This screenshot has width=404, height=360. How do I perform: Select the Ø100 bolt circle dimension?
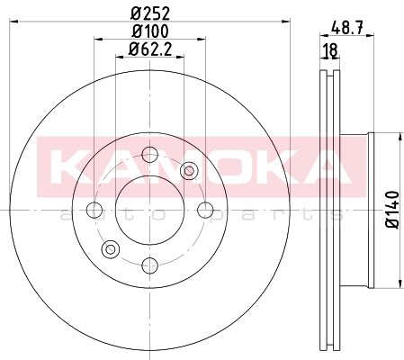click(149, 32)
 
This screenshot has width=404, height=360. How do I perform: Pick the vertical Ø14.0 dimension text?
click(392, 211)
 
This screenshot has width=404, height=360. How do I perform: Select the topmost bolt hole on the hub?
click(150, 156)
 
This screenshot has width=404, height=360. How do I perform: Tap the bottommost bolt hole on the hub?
click(150, 265)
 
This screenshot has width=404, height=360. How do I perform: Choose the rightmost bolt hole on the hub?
click(205, 211)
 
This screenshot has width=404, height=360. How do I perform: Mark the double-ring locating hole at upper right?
click(189, 172)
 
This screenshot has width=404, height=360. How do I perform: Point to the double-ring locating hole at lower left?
click(112, 249)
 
